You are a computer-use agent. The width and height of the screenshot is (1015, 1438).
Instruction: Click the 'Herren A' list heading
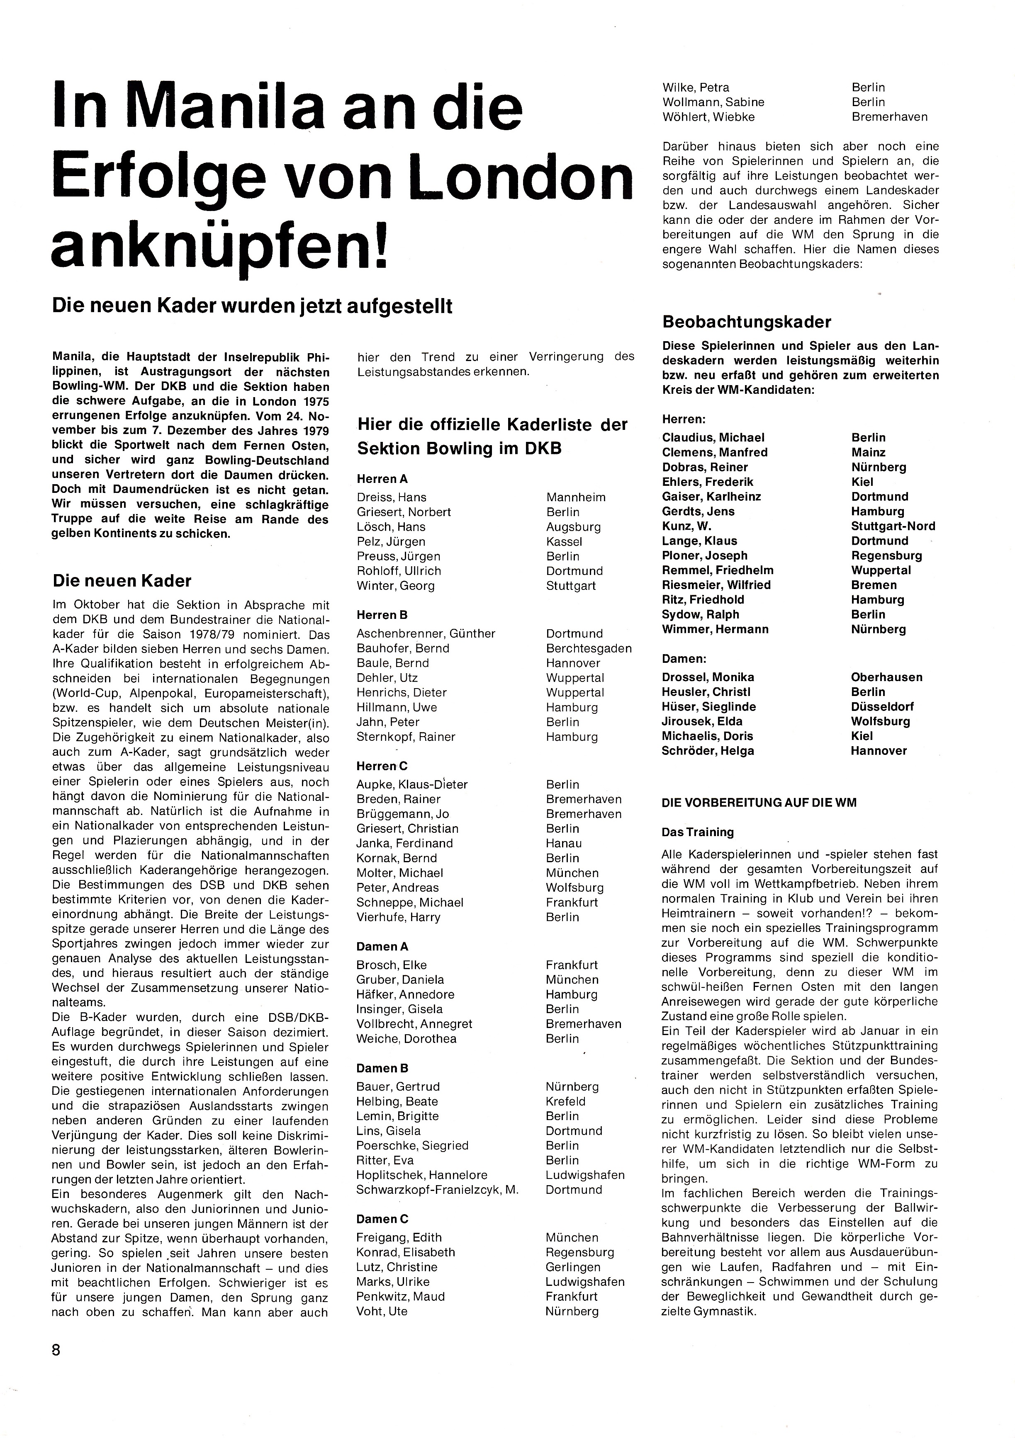(x=382, y=479)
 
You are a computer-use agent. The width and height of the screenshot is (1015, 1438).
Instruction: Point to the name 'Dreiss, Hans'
(x=391, y=497)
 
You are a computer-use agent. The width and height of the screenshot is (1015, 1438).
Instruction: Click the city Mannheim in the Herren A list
(x=576, y=497)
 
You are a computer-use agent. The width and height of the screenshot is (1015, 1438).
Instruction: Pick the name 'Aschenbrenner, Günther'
(x=426, y=633)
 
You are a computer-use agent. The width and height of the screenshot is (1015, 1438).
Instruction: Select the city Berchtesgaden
(x=588, y=648)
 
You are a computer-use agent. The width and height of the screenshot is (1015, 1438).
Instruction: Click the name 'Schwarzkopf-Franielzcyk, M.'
(x=437, y=1189)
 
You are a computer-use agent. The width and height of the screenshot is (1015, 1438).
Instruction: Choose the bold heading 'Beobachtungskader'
(x=746, y=322)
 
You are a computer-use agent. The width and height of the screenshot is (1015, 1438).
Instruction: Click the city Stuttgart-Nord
(x=893, y=526)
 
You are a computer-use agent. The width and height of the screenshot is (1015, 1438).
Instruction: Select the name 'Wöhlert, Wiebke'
(x=708, y=117)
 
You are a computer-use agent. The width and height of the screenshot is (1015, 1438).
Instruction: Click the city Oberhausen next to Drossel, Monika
(x=886, y=677)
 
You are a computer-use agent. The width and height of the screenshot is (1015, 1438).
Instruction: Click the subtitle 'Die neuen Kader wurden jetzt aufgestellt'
(x=252, y=306)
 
